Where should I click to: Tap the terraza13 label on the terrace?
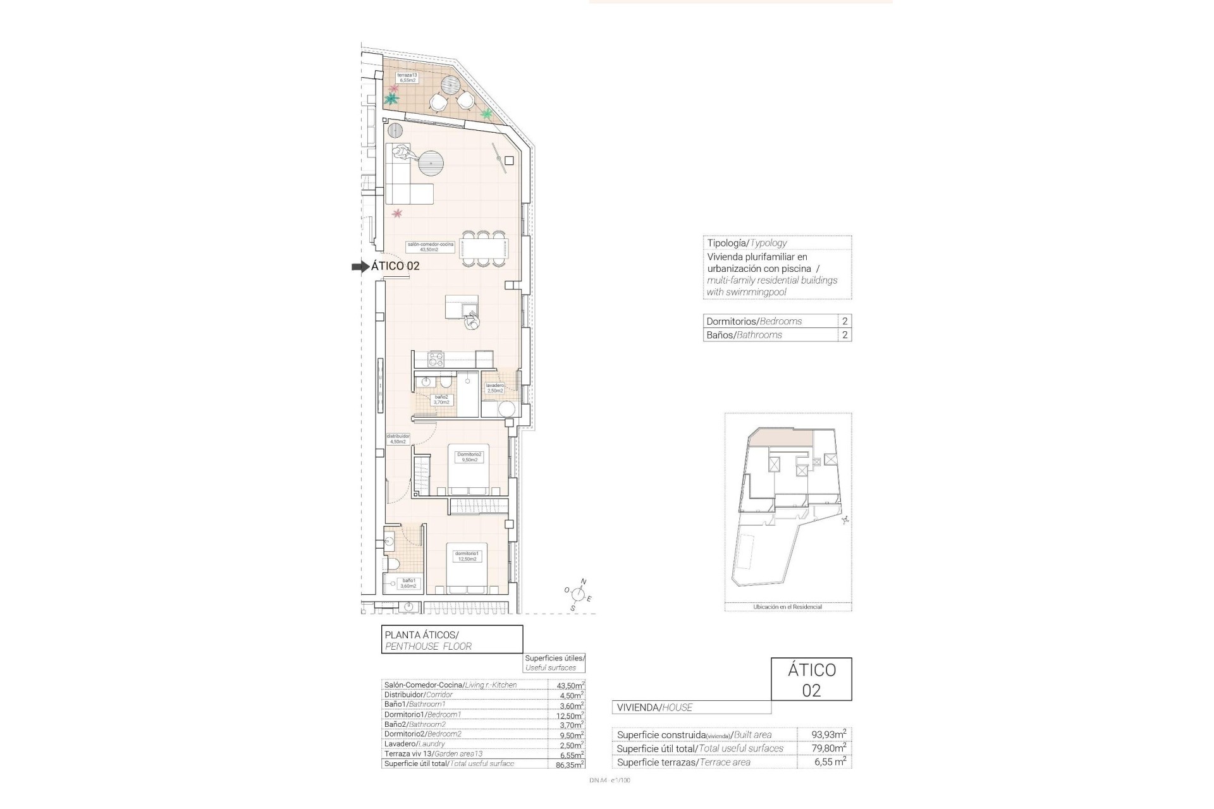tap(407, 78)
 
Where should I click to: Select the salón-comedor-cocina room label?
tap(430, 246)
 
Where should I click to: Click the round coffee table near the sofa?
tap(431, 166)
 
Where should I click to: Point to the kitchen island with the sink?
tap(462, 307)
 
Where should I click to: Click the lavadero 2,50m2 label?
tap(494, 388)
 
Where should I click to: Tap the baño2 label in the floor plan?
tap(441, 399)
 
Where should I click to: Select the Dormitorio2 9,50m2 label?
tap(469, 457)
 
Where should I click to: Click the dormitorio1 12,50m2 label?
tap(467, 556)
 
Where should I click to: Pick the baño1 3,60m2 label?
tap(408, 583)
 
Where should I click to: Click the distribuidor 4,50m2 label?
tap(398, 439)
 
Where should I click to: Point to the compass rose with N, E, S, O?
tap(577, 594)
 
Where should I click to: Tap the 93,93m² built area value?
tap(829, 734)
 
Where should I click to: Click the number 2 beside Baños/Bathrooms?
tap(845, 335)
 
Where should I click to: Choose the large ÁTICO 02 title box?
tap(811, 679)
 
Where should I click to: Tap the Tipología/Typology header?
tap(747, 243)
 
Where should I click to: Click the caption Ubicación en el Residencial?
tap(787, 607)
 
